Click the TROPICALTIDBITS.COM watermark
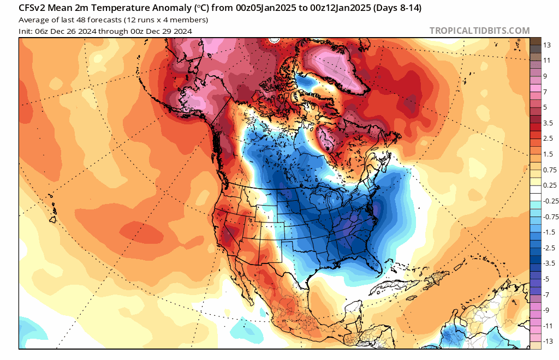(479, 31)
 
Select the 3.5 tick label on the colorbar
(548, 123)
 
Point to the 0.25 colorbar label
(549, 185)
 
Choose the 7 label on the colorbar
(545, 92)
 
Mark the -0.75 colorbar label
(550, 217)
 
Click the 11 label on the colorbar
(548, 61)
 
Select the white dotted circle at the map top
(274, 40)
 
